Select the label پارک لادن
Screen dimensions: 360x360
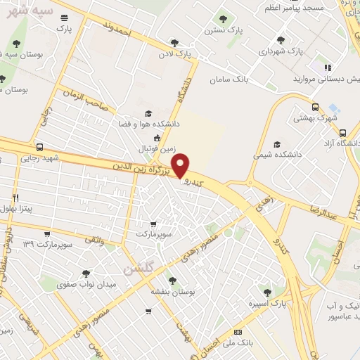(174, 53)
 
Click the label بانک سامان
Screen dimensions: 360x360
(229, 79)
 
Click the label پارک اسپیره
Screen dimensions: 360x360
(265, 304)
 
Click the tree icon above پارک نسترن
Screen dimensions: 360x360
(223, 19)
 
